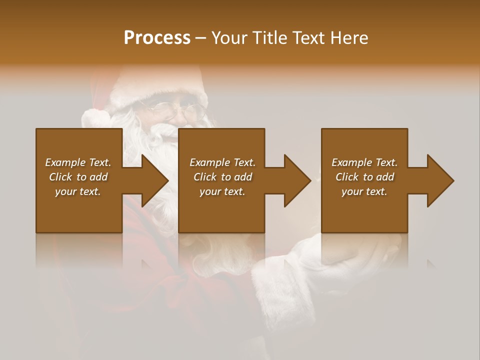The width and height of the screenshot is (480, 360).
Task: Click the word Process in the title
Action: (x=157, y=38)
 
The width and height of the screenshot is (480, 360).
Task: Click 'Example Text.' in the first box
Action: (x=78, y=162)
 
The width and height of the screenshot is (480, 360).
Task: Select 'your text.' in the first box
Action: (x=78, y=191)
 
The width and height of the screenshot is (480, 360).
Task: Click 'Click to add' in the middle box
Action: (x=222, y=177)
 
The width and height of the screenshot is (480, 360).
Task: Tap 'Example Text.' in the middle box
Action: (x=222, y=162)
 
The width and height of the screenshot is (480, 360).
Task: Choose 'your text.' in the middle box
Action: (x=222, y=191)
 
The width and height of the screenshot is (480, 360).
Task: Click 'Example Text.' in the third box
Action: (x=364, y=162)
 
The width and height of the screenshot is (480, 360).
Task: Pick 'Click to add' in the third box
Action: (x=364, y=177)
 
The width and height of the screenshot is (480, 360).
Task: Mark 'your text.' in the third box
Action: (x=364, y=191)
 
